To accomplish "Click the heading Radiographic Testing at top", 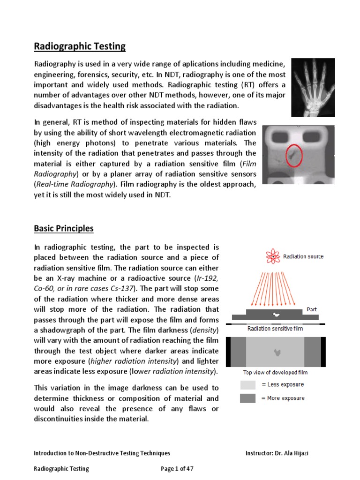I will (x=80, y=46).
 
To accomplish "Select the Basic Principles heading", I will (x=64, y=229).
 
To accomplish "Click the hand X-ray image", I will (x=313, y=87).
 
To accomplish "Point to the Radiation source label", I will (x=303, y=256).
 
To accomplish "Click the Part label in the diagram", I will (x=312, y=309).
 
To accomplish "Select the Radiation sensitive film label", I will (x=275, y=329).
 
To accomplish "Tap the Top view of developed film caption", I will (x=275, y=373).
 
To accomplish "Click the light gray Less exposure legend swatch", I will (x=248, y=385).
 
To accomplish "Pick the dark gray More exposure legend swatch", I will (x=248, y=398).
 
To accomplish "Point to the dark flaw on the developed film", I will (x=275, y=351).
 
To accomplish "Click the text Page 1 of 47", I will (x=177, y=468).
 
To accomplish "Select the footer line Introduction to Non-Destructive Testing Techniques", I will (x=102, y=453).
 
